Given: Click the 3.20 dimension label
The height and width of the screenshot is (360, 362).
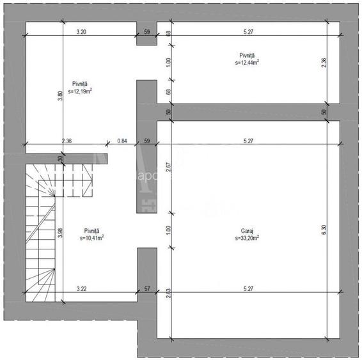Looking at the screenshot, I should click(81, 30).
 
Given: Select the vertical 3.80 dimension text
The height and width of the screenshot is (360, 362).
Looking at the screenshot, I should click(60, 96).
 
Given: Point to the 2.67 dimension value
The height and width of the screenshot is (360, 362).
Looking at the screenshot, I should click(168, 168).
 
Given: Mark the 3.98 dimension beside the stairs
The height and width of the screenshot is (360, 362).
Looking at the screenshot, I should click(60, 233).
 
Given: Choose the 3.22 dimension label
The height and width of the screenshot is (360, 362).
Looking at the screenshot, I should click(82, 289).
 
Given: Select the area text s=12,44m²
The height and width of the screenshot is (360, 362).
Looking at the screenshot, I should click(246, 63).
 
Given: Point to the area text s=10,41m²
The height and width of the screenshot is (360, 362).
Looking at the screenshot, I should click(92, 237).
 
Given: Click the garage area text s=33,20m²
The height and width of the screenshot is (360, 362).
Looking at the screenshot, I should click(247, 237).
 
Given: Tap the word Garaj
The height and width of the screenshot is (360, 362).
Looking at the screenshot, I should click(246, 231).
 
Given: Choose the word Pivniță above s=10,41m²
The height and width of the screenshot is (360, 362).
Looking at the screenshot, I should click(92, 230).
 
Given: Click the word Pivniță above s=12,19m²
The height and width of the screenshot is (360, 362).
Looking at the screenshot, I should click(80, 84).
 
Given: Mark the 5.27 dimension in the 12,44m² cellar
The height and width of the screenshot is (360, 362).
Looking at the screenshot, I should click(246, 30).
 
